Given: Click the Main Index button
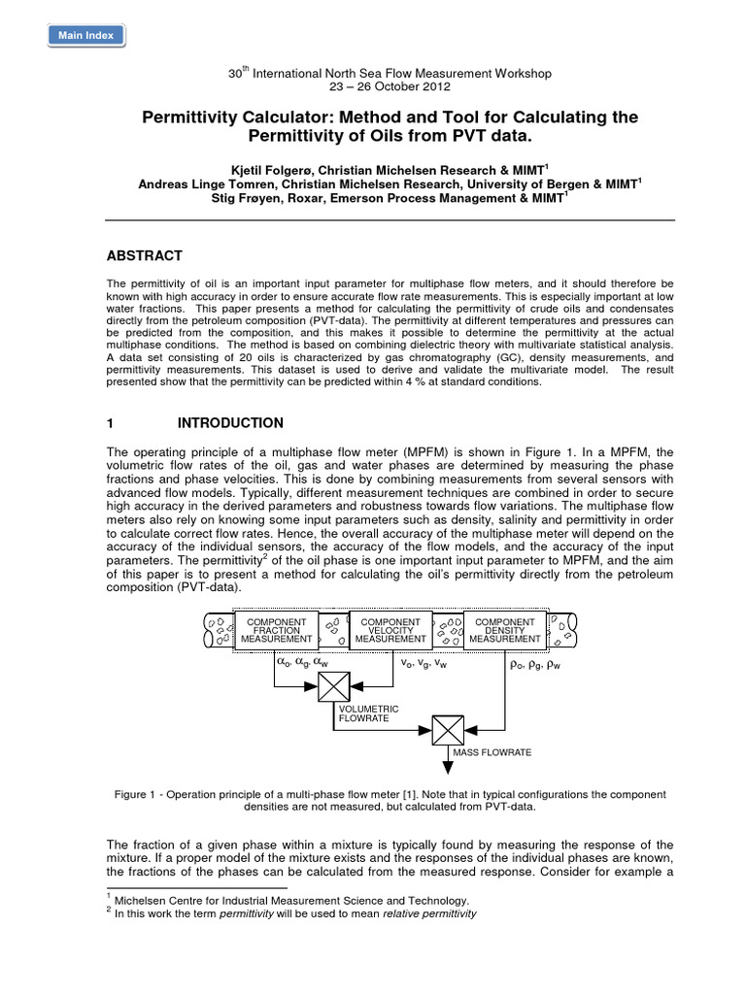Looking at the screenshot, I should pyautogui.click(x=85, y=36).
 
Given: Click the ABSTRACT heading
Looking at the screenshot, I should pyautogui.click(x=145, y=255).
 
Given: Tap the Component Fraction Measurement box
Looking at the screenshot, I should pyautogui.click(x=278, y=630).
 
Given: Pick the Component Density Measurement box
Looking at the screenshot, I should pyautogui.click(x=503, y=630).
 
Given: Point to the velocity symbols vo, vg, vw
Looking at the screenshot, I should pyautogui.click(x=424, y=666).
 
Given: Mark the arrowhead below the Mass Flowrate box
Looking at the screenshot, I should pyautogui.click(x=448, y=767).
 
